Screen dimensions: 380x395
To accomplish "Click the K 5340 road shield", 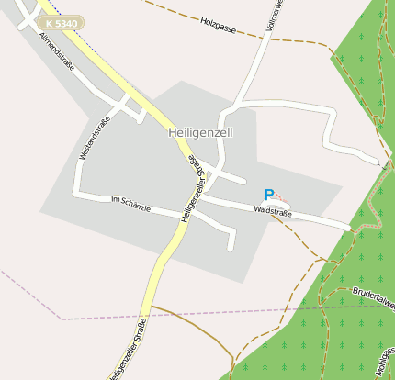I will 62,22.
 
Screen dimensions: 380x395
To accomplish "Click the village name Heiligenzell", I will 201,132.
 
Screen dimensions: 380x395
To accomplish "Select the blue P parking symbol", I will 269,195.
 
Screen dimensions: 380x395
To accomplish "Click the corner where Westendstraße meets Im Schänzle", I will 77,195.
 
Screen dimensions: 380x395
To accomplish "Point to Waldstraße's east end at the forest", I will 347,227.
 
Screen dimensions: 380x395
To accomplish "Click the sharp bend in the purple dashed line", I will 61,318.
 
